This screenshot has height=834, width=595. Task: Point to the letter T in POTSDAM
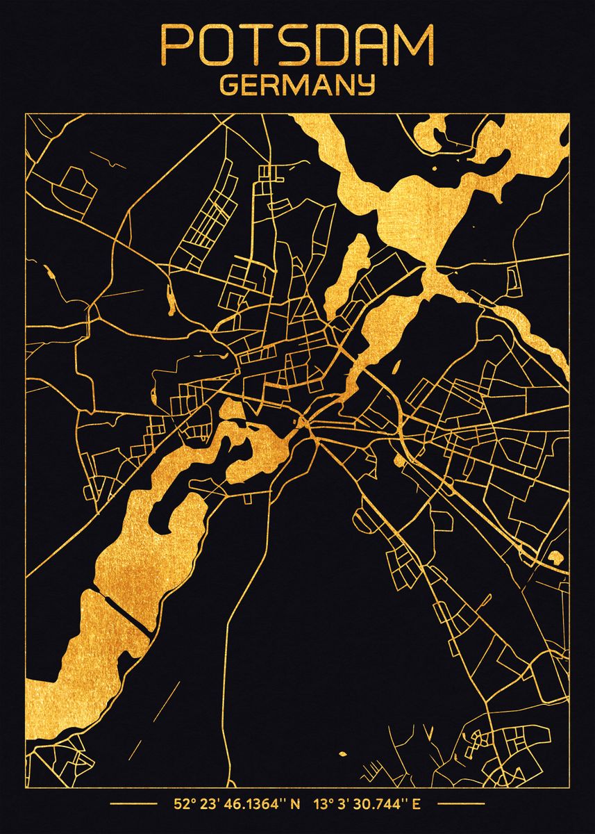pyautogui.click(x=253, y=45)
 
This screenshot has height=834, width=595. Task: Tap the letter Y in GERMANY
pyautogui.click(x=366, y=85)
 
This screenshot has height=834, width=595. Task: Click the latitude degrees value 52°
pyautogui.click(x=183, y=806)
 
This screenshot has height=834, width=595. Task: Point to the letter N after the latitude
pyautogui.click(x=295, y=806)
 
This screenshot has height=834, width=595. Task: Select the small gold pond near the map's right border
pyautogui.click(x=555, y=556)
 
